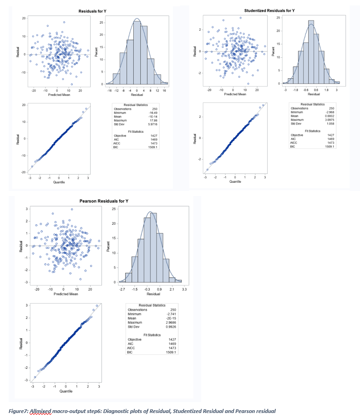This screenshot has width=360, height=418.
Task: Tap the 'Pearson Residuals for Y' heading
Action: tap(104, 201)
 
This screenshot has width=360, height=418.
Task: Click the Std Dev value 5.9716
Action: tap(150, 124)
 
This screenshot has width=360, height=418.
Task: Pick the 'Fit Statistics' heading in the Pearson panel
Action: tap(152, 335)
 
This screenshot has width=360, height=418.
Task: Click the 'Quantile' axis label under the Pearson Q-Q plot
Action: tap(66, 391)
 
